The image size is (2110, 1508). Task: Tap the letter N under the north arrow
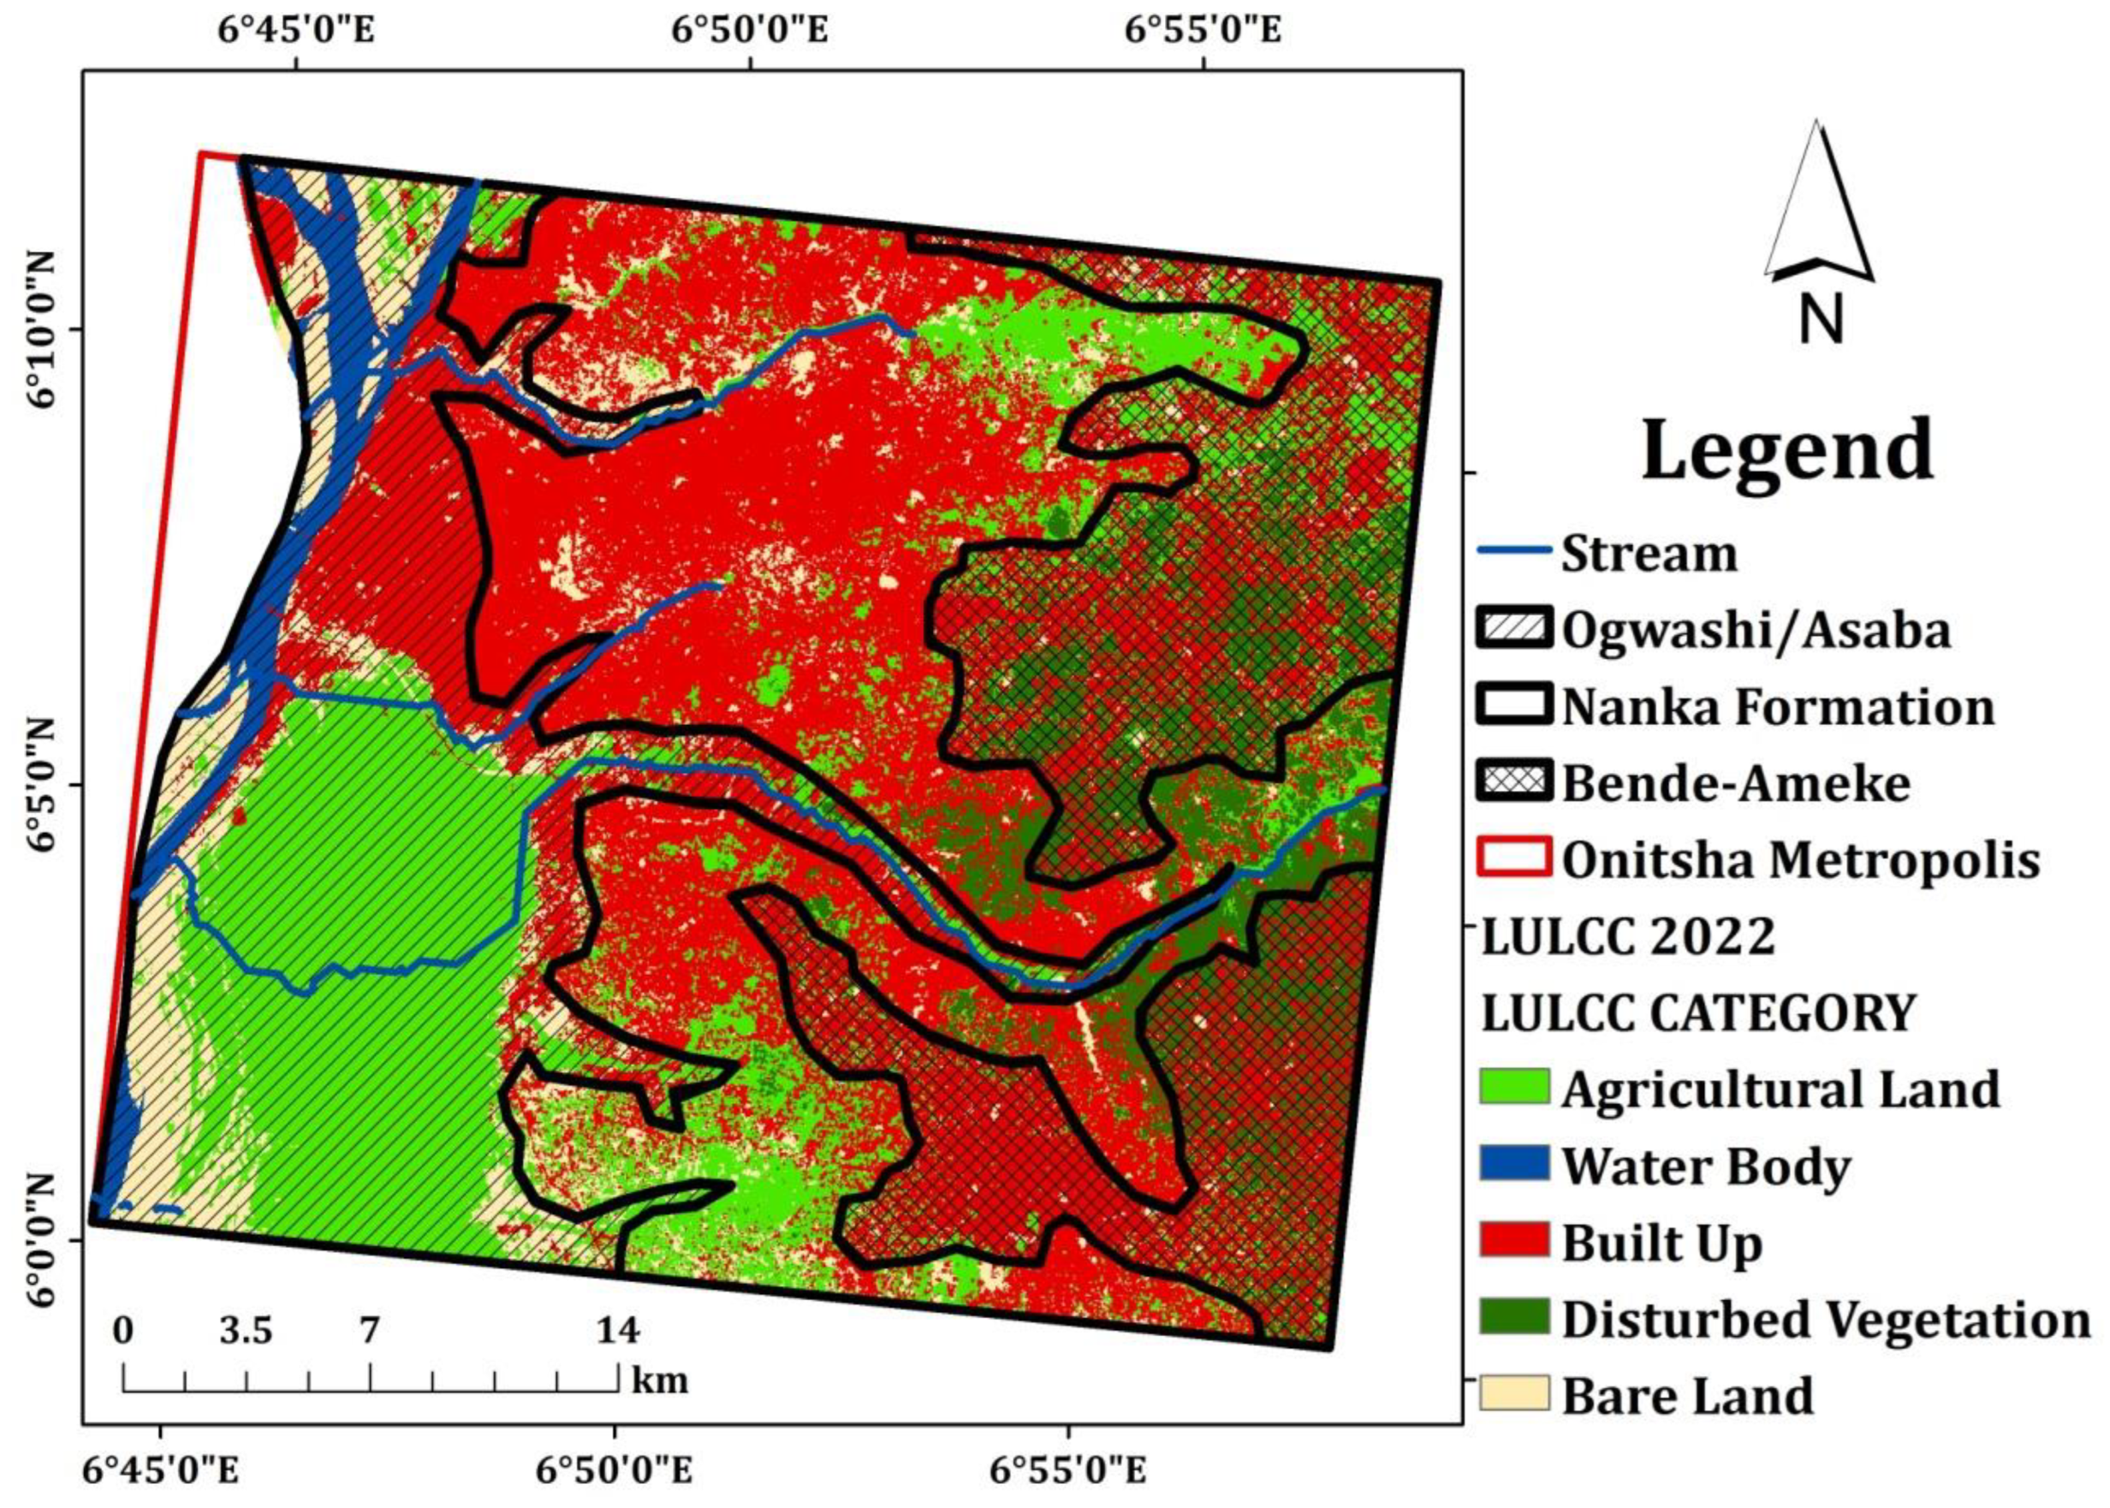(x=1819, y=320)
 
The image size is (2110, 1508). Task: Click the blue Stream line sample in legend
(x=1513, y=550)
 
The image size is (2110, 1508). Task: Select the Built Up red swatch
(x=1513, y=1241)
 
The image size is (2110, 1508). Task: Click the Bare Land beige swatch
(x=1513, y=1394)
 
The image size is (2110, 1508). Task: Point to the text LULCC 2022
(x=1628, y=936)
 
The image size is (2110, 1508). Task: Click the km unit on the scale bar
(x=660, y=1380)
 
